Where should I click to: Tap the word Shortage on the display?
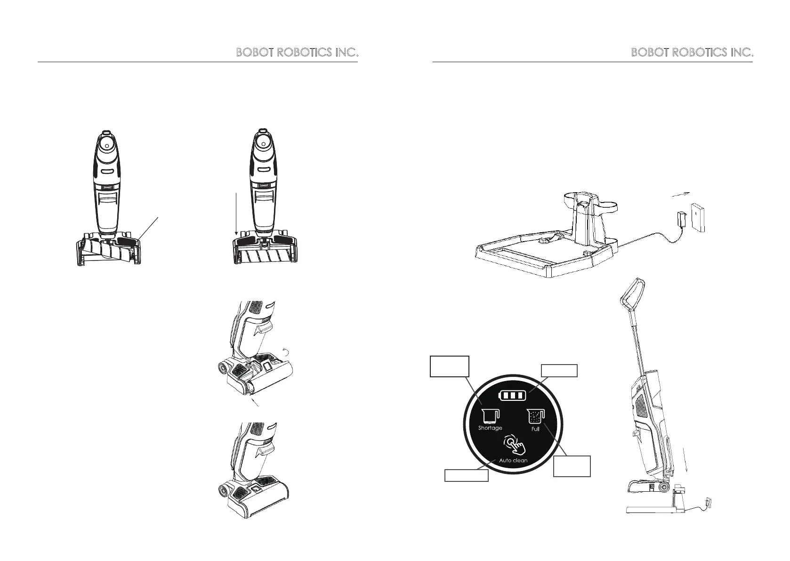490,428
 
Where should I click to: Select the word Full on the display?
535,430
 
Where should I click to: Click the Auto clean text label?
513,460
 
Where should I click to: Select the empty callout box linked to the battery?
559,370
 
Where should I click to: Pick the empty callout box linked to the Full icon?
572,466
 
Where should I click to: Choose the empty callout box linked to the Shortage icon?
450,366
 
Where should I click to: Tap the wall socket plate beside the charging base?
698,217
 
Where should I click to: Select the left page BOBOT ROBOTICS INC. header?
297,53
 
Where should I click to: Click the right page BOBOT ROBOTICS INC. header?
692,53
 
